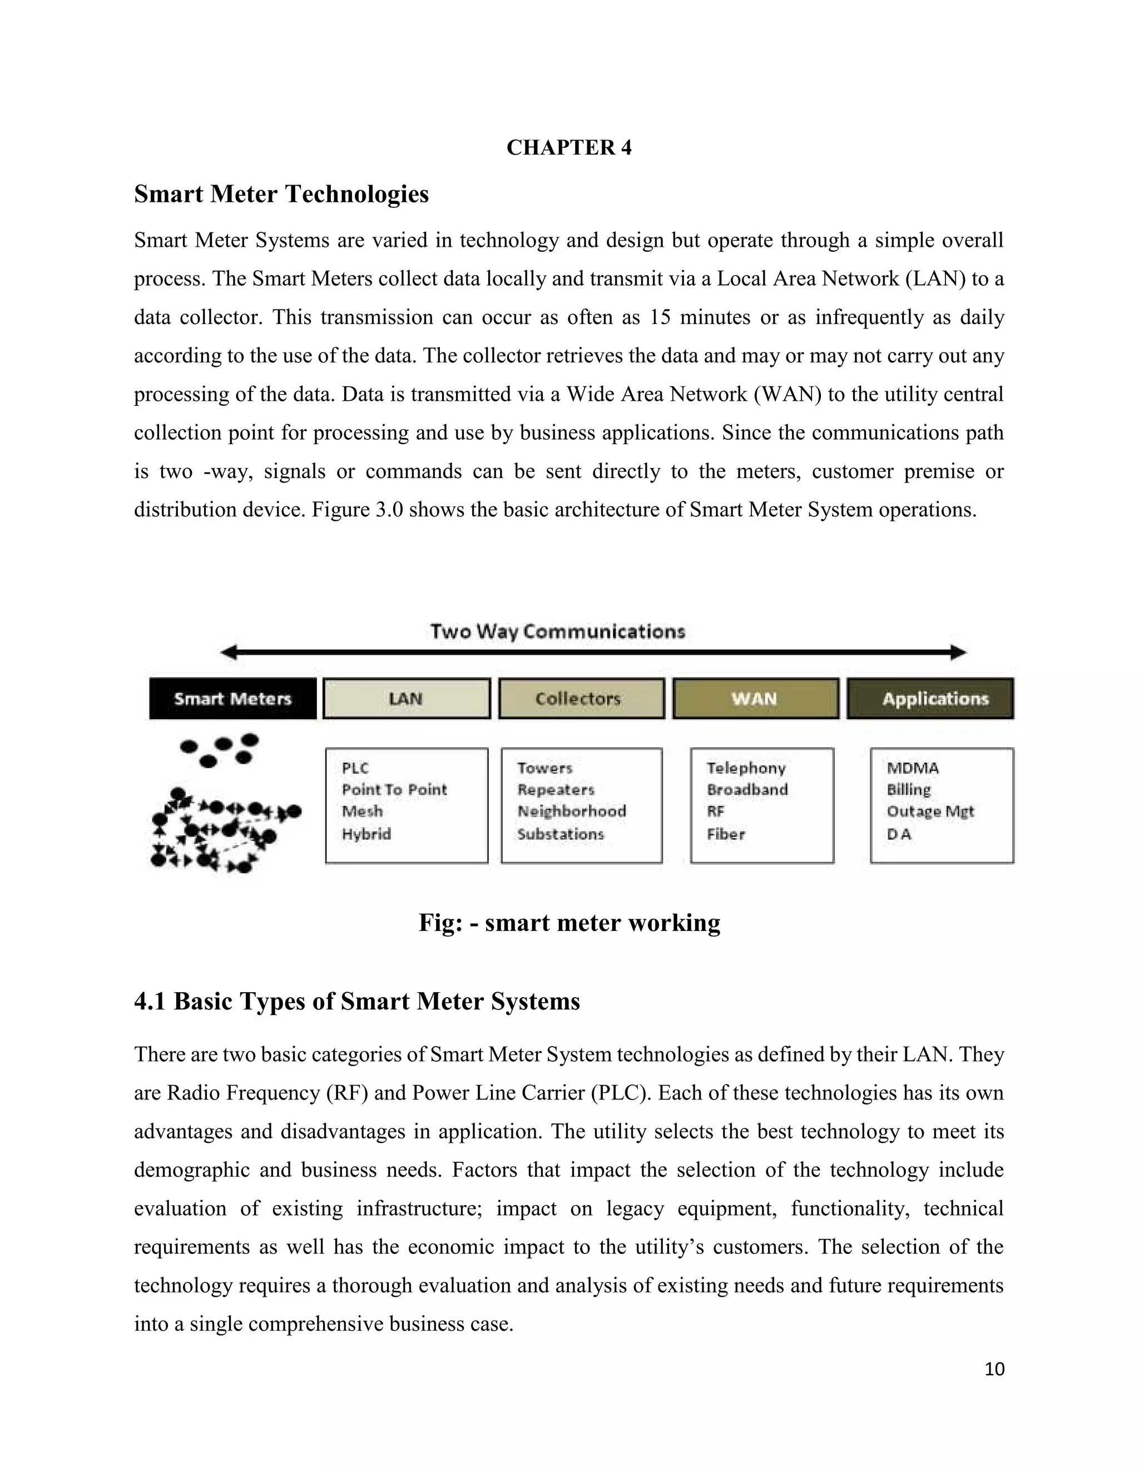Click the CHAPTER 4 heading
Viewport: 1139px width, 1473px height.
569,148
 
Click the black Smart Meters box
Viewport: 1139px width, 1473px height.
233,699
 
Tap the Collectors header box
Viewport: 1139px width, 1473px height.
581,699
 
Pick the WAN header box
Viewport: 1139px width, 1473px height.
755,699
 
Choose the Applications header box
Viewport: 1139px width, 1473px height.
930,699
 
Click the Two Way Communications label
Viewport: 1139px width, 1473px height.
558,632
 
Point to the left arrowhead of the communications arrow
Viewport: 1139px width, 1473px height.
228,652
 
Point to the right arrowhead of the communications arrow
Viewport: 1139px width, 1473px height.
959,652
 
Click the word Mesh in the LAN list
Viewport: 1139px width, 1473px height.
363,812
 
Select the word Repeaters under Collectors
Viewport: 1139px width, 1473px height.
556,790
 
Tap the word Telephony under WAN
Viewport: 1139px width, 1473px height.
746,768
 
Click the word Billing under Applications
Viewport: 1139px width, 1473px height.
908,790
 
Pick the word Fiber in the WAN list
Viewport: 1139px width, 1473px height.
726,834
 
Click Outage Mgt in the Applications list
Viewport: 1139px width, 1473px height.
930,812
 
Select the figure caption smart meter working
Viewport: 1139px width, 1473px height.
569,923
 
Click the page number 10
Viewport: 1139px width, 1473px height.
994,1369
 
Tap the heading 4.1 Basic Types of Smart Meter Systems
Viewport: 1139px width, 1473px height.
357,1002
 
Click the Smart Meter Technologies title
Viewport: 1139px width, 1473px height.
281,194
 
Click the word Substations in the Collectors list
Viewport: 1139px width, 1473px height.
560,834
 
